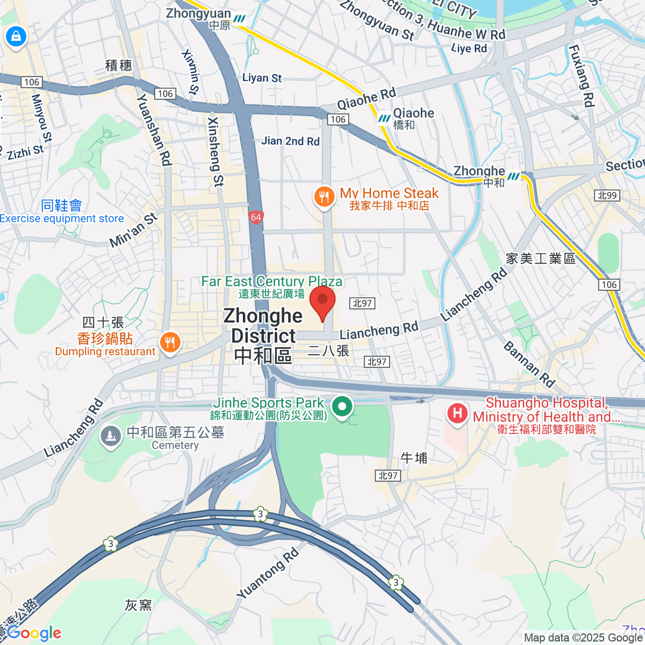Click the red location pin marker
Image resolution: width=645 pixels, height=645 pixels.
322,301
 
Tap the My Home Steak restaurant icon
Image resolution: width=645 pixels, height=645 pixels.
324,197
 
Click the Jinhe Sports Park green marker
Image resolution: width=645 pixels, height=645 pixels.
342,406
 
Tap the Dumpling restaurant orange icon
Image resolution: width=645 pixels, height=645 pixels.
170,342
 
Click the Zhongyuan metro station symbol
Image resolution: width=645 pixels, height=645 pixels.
239,19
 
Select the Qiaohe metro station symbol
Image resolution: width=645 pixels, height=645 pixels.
384,118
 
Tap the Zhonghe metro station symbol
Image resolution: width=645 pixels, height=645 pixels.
514,176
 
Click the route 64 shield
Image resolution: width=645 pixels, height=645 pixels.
256,218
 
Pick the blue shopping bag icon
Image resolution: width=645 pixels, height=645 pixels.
16,37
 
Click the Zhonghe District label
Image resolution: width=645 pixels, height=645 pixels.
263,335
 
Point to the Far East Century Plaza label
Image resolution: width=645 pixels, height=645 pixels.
271,282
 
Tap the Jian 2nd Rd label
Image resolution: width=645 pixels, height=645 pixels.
290,141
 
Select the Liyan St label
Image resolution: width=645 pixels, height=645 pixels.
262,78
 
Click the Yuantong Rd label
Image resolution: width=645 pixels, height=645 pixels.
267,574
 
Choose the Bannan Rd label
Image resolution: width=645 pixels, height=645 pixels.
529,364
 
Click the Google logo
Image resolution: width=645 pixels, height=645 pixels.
34,633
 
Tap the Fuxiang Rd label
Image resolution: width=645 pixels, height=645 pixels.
582,75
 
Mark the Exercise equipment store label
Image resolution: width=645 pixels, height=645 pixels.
62,219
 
